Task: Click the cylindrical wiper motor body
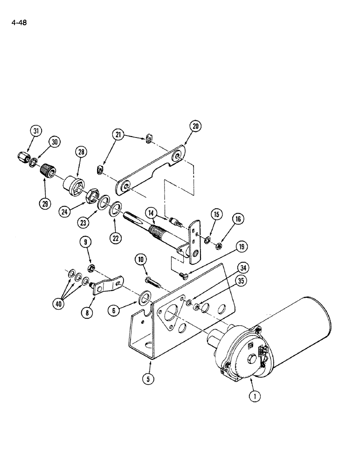293,326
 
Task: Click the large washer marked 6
145,296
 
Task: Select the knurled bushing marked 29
47,171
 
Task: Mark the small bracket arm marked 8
105,285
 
